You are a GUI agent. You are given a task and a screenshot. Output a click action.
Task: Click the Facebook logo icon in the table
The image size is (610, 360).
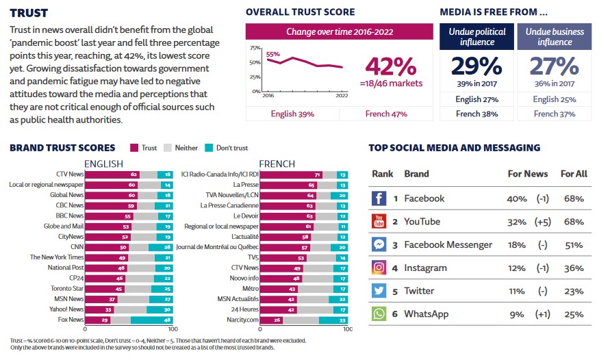point(379,198)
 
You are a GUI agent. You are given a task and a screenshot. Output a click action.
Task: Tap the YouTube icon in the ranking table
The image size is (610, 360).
point(379,222)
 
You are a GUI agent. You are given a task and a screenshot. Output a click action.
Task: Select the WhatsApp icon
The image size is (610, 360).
point(379,314)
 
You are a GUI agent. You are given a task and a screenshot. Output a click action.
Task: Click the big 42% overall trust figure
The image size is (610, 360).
point(390,66)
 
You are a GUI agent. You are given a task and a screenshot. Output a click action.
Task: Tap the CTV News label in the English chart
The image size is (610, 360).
point(71,175)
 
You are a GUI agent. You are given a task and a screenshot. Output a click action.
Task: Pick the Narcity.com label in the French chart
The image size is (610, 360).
point(243,319)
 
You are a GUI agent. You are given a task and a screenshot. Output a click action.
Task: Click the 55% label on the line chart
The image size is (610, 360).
point(272,54)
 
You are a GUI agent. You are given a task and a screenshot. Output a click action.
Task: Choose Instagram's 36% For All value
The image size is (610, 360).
point(574,268)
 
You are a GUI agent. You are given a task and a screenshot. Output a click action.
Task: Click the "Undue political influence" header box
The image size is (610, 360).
point(477,36)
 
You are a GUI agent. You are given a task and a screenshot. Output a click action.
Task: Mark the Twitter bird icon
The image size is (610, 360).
point(379,291)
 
